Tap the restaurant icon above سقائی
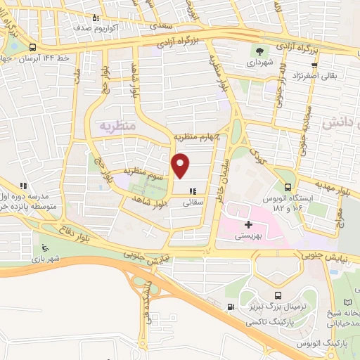[x=192, y=191]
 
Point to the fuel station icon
[x=231, y=307]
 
